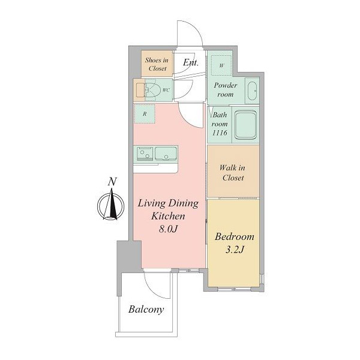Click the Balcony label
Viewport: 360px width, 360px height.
[146, 310]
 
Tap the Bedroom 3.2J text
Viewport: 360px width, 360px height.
[235, 243]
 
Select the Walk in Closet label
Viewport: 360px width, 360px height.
[233, 173]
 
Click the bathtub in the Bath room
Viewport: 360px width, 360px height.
[245, 125]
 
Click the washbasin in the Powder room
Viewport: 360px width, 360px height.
[253, 91]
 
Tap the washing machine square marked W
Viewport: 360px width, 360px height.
[221, 65]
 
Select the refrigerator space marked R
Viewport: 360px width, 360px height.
[145, 113]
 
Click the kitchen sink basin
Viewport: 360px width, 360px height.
[166, 154]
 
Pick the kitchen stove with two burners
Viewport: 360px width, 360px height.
[145, 154]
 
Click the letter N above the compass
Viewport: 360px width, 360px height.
[112, 182]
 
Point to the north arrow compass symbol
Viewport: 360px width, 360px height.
[111, 205]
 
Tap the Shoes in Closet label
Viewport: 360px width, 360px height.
[157, 64]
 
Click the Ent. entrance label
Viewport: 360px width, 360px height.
[191, 62]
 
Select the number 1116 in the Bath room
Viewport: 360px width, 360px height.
[220, 133]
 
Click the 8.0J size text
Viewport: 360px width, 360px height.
[168, 229]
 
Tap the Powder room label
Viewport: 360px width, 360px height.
[226, 89]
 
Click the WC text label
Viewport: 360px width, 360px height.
[166, 90]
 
